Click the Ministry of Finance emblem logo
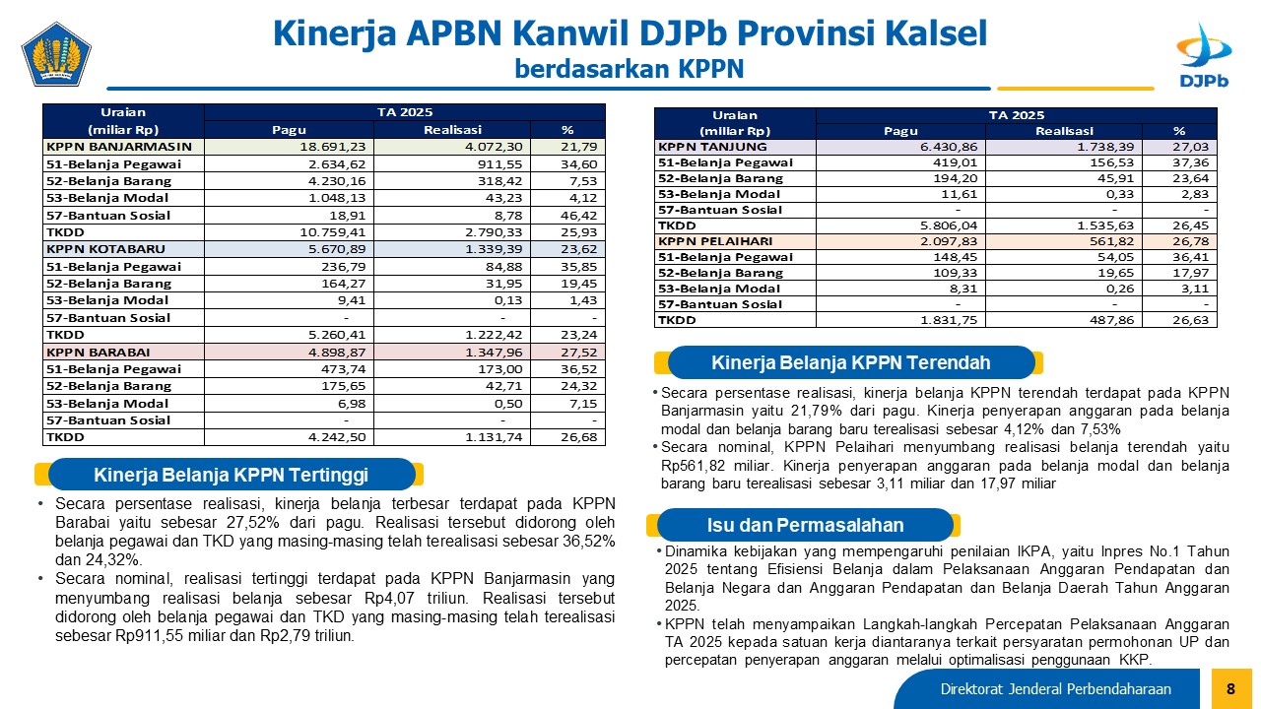click(56, 54)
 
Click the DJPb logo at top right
click(1204, 55)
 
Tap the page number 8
click(1230, 688)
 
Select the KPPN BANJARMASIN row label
click(119, 147)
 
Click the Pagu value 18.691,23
click(333, 147)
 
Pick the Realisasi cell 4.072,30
click(494, 147)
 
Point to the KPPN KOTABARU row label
click(105, 249)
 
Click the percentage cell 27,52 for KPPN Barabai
click(578, 353)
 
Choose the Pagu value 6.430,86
click(949, 147)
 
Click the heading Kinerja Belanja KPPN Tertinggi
click(231, 475)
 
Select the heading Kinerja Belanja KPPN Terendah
click(850, 363)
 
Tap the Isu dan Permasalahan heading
click(805, 525)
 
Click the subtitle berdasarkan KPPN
click(630, 69)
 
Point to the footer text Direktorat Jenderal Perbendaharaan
click(1055, 689)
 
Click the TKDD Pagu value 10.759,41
click(333, 232)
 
